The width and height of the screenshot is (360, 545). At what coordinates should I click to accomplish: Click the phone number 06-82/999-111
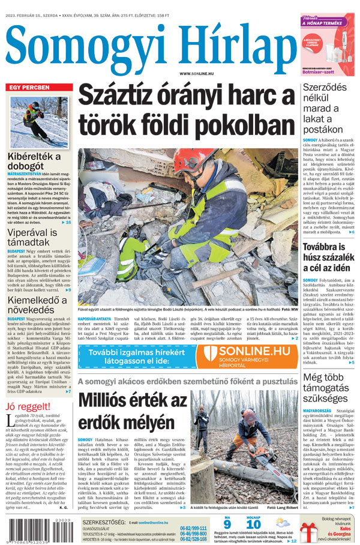coord(193,528)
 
